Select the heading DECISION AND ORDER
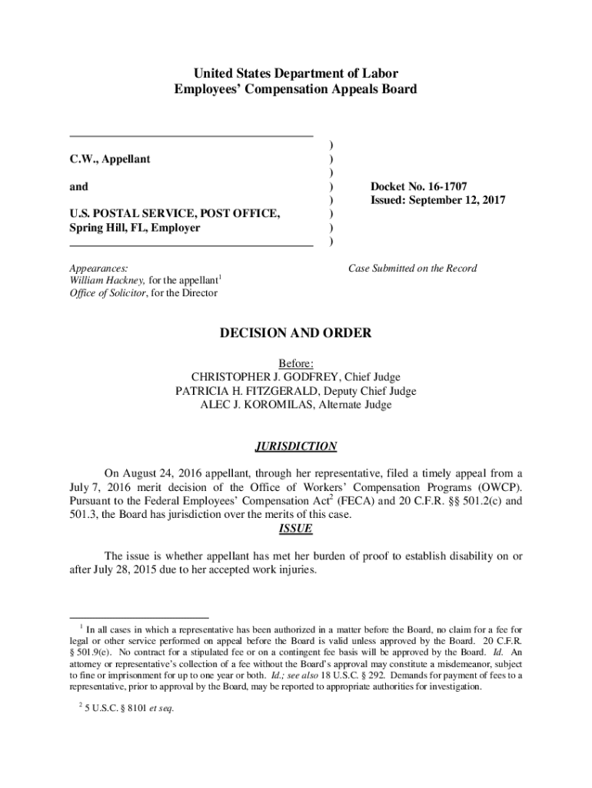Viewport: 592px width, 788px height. [296, 333]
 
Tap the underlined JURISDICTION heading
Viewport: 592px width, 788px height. [295, 446]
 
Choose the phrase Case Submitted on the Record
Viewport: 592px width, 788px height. [412, 269]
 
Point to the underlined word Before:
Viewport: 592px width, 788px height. [296, 363]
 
